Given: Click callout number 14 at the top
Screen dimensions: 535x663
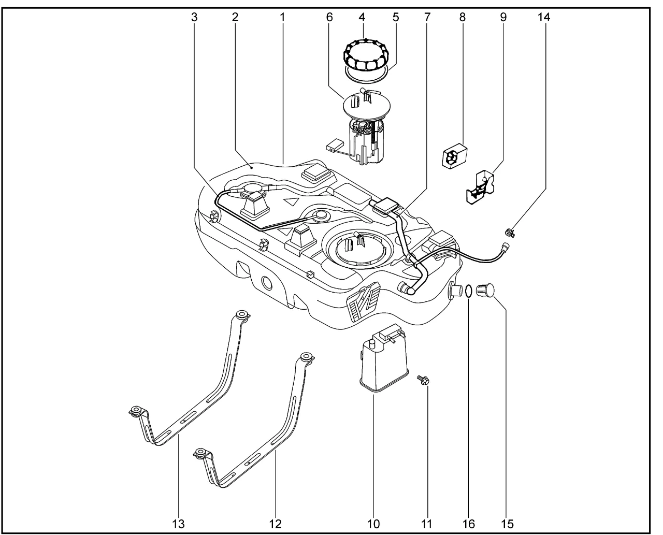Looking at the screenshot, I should pyautogui.click(x=544, y=17).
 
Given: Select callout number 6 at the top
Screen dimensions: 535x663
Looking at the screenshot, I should pyautogui.click(x=329, y=17).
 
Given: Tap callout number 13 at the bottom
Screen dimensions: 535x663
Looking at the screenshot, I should pyautogui.click(x=178, y=524).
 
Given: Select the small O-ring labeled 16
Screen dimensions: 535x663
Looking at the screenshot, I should pyautogui.click(x=467, y=291).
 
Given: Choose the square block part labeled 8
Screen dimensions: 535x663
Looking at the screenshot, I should pyautogui.click(x=454, y=157).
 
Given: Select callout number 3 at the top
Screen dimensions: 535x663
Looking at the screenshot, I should pyautogui.click(x=194, y=17).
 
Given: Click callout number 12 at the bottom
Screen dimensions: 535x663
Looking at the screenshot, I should pyautogui.click(x=276, y=524).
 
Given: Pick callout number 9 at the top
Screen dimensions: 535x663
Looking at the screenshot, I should pyautogui.click(x=503, y=17).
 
